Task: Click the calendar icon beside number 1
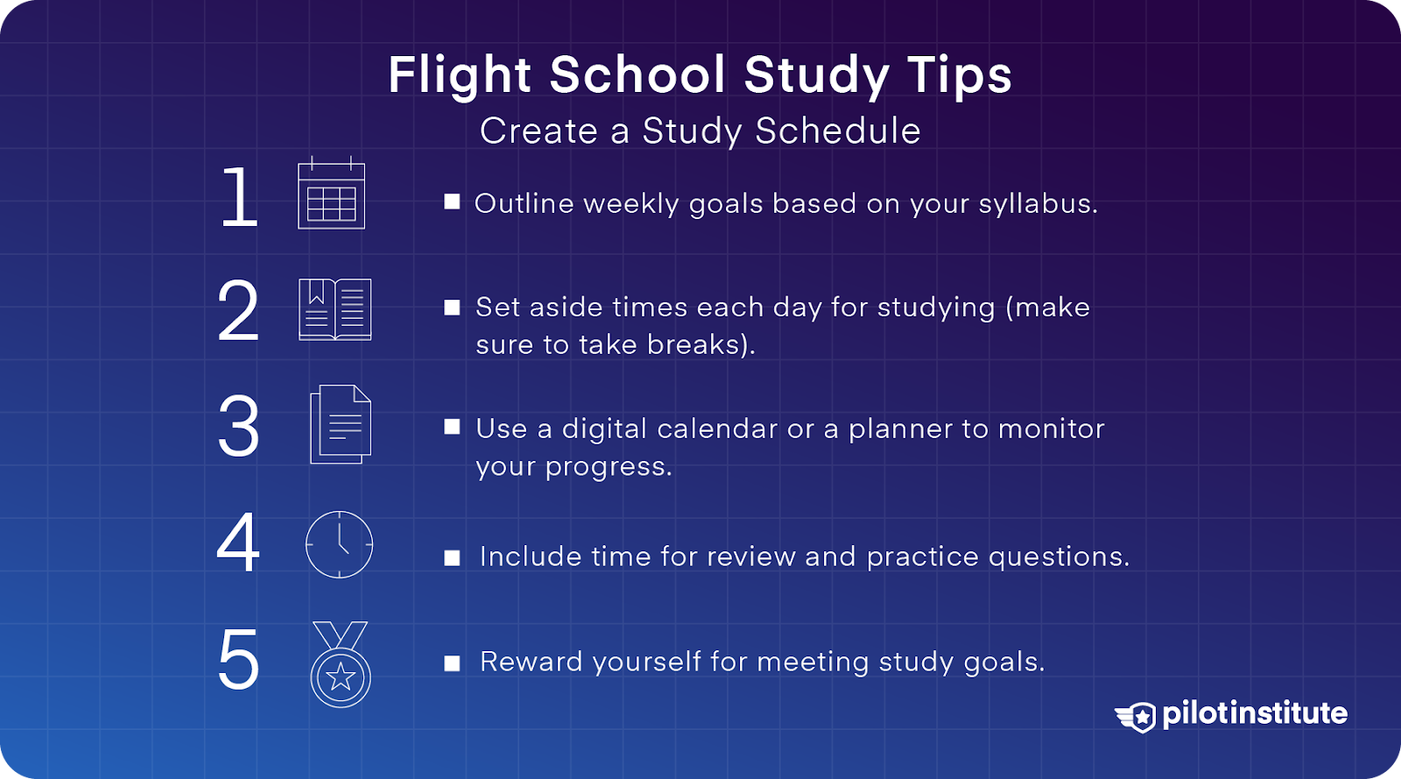click(x=331, y=195)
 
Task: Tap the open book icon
click(x=334, y=309)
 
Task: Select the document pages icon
click(x=341, y=425)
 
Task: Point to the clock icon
click(x=339, y=544)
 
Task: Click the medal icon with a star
click(x=341, y=666)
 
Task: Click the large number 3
click(x=238, y=427)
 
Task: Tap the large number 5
click(x=238, y=660)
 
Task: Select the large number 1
click(x=239, y=198)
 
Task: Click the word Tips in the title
click(x=960, y=75)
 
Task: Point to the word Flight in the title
click(x=460, y=75)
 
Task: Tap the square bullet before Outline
click(x=452, y=202)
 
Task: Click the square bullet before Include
click(x=452, y=558)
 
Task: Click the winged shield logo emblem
click(x=1137, y=716)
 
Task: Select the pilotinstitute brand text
click(x=1255, y=713)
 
